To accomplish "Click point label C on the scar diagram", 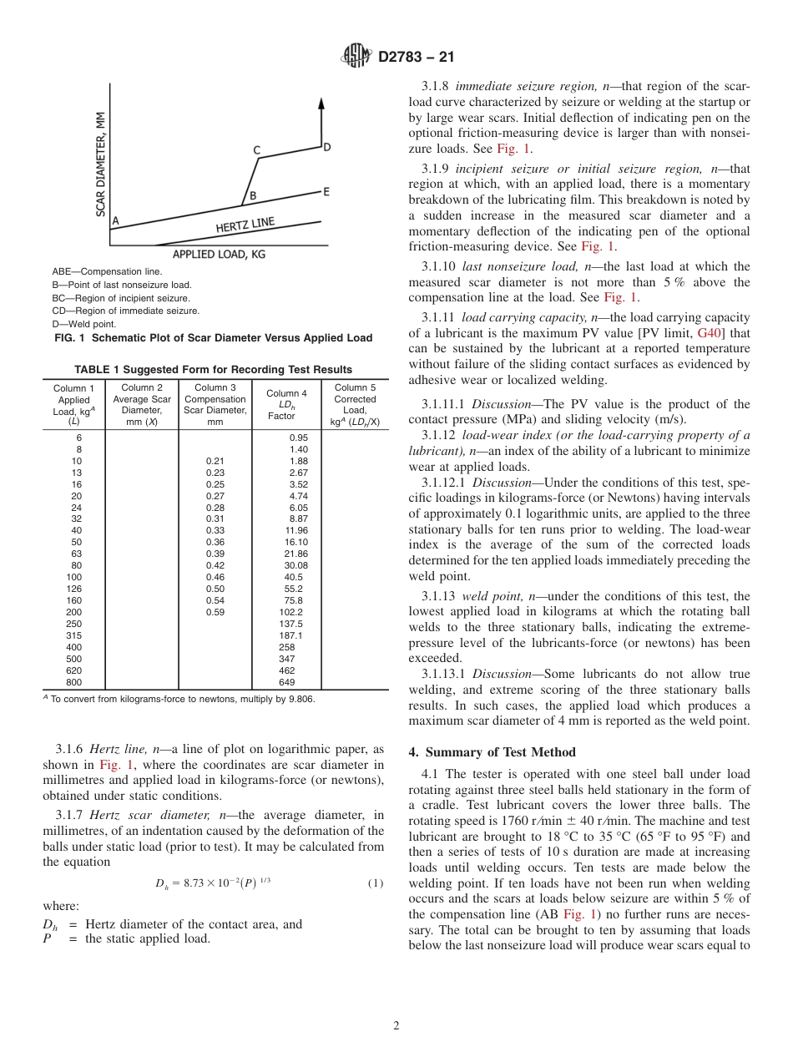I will click(256, 150).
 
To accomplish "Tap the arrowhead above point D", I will click(321, 104).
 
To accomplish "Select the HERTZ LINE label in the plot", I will click(245, 225).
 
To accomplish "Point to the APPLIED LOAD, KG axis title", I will click(219, 254).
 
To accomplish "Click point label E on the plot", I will click(326, 191).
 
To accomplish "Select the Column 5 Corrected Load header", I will click(355, 405).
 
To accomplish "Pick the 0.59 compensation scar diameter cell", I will click(215, 612).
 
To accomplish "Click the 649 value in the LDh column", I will click(286, 682).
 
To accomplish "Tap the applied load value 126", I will click(74, 589).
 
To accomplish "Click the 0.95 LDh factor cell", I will click(298, 437).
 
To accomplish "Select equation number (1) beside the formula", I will click(375, 882).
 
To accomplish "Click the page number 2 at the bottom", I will click(396, 1026).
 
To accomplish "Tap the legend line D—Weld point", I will click(84, 324).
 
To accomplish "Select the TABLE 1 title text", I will click(213, 370).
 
